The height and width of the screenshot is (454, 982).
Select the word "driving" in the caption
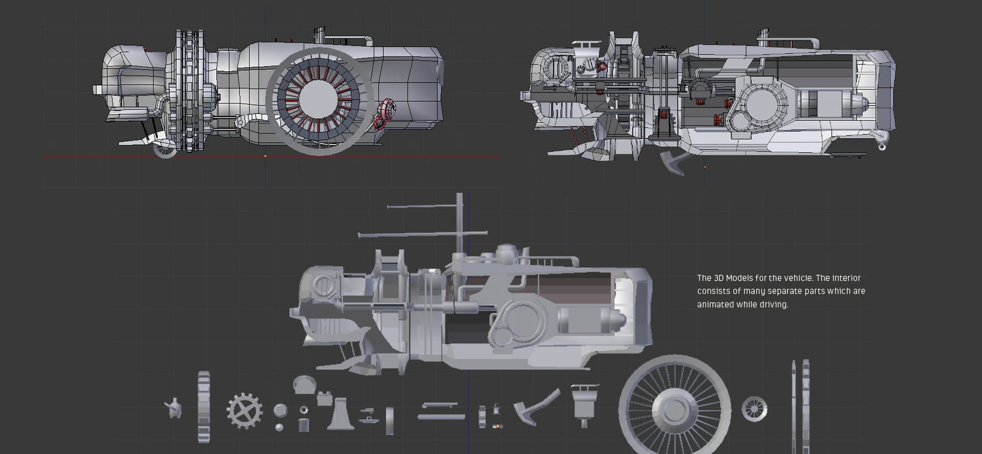[773, 304]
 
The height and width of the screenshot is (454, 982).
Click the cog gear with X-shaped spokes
[245, 410]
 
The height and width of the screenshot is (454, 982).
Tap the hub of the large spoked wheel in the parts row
[675, 410]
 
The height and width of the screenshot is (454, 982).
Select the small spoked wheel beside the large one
[754, 409]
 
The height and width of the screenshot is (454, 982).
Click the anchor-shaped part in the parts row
[536, 407]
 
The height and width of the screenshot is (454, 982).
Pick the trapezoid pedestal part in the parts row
[341, 414]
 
